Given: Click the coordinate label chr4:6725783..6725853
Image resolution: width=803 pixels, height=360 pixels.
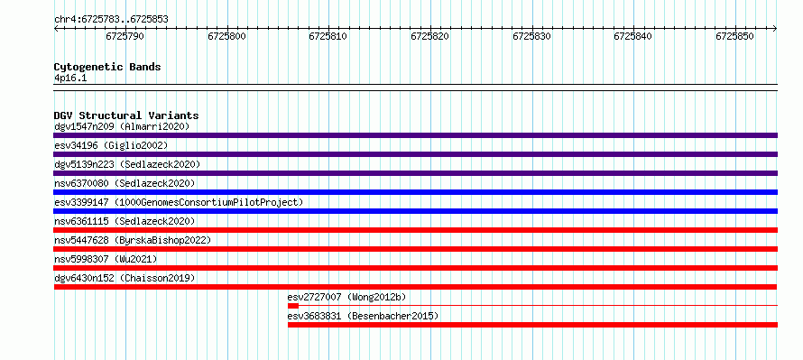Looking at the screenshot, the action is coord(111,20).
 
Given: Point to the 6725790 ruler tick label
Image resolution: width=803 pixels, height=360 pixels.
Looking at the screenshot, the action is coord(125,36).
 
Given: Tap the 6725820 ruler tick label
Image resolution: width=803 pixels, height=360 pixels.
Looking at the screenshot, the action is coord(430,36).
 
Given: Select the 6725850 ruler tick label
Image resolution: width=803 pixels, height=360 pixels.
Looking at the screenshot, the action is coord(735,36).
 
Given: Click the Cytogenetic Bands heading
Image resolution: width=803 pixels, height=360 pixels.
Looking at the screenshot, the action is coord(107,67).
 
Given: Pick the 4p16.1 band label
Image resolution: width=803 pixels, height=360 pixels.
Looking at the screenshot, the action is coord(69,78).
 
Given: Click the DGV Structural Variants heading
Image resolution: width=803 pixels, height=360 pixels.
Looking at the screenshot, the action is coord(126,115).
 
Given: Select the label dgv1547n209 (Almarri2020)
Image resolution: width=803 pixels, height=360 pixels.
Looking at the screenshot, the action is coord(122,126).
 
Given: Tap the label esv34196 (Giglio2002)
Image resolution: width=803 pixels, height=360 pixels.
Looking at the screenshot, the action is coord(111,145).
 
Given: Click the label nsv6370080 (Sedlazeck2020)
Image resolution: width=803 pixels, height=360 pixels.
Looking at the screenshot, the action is coord(125,183).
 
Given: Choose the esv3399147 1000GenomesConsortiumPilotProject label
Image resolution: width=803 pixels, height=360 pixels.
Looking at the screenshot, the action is coord(179,202).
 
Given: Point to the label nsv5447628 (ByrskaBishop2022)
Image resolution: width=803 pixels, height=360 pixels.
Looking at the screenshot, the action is coord(133,240).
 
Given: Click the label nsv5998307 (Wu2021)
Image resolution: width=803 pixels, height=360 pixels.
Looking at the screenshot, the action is coord(106,259).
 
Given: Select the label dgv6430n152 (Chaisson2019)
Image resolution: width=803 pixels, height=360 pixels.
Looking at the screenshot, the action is coord(125,278).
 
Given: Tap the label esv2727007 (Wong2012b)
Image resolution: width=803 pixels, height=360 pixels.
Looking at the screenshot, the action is coord(347,297).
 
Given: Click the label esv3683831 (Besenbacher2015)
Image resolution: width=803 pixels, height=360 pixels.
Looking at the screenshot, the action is coord(363,316).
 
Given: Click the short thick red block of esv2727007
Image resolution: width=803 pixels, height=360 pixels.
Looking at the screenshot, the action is coord(293,306).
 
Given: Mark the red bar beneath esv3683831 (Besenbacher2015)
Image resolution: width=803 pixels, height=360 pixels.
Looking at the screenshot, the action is coord(532,325).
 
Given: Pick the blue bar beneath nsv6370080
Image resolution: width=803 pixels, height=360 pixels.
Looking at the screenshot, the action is coord(415,192).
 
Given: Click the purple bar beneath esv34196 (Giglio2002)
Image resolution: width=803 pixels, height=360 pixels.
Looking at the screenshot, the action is coord(415,154).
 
